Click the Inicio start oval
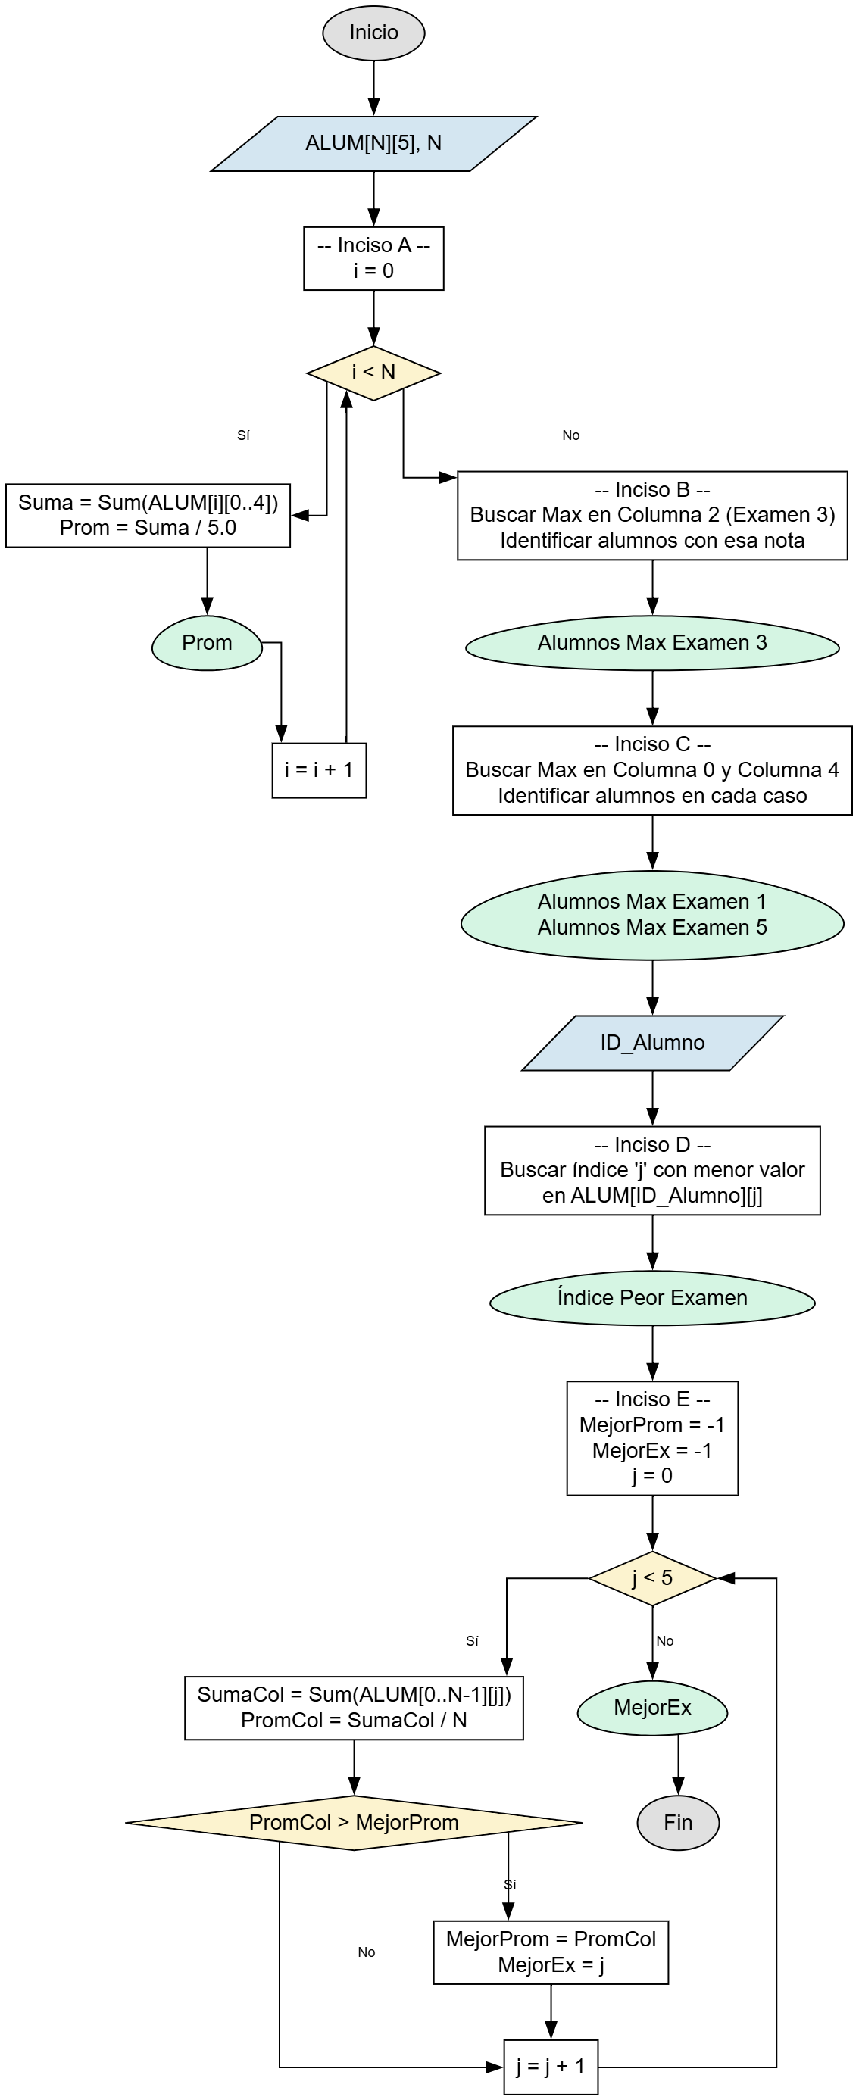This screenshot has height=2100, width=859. pyautogui.click(x=373, y=33)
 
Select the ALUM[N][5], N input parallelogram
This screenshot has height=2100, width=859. pyautogui.click(x=373, y=143)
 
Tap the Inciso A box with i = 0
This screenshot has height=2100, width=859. pyautogui.click(x=373, y=258)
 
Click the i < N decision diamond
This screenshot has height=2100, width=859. pyautogui.click(x=373, y=373)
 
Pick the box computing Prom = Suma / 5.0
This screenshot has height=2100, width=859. pyautogui.click(x=148, y=515)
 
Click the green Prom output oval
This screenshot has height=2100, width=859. pyautogui.click(x=208, y=643)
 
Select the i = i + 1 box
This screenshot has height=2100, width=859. pyautogui.click(x=319, y=770)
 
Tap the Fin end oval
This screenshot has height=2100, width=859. pyautogui.click(x=678, y=1823)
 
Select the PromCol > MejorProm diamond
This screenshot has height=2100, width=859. pyautogui.click(x=354, y=1823)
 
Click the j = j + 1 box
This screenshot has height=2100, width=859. pyautogui.click(x=551, y=2067)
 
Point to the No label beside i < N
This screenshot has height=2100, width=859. pyautogui.click(x=571, y=435)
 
